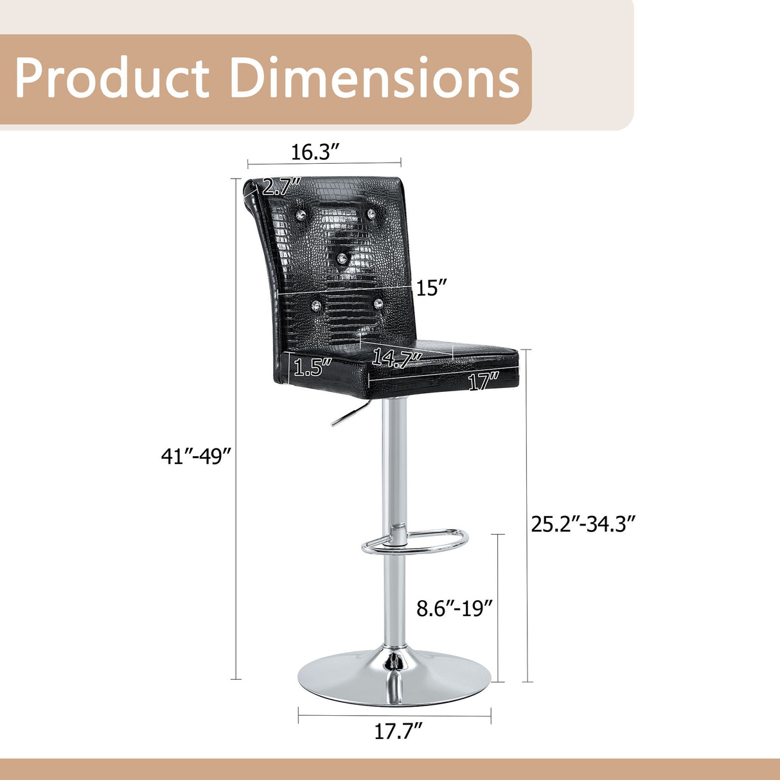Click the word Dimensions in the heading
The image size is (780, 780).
pos(374,77)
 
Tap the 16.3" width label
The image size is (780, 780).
pos(315,152)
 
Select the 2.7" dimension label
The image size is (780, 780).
pos(282,186)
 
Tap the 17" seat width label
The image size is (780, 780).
pos(483,381)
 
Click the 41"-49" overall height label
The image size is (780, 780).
pos(196,457)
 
